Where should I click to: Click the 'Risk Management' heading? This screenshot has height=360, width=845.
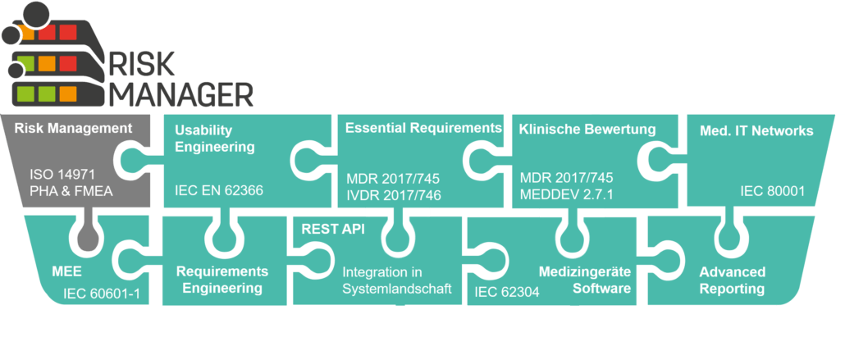tap(73, 128)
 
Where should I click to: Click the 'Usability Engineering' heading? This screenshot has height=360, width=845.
tap(203, 139)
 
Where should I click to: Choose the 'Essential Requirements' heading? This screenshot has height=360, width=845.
tap(423, 128)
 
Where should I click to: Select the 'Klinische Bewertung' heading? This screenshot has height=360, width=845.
tap(587, 129)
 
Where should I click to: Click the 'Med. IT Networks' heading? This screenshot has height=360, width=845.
tap(756, 130)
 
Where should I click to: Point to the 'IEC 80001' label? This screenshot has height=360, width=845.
tap(772, 192)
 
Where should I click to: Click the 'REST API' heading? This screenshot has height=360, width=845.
tap(322, 229)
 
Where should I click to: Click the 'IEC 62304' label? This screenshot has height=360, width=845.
tap(506, 290)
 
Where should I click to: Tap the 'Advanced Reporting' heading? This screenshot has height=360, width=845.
tap(732, 280)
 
